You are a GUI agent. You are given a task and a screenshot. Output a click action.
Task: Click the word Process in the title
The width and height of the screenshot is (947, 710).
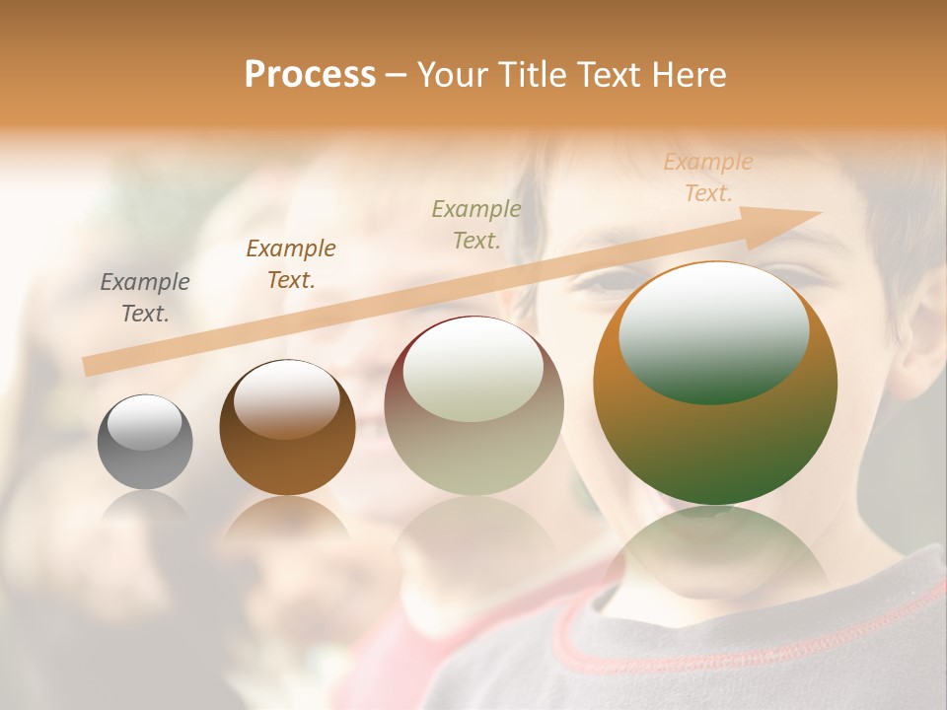coord(310,75)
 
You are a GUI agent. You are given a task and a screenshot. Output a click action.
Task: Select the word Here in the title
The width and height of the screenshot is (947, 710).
coord(688,75)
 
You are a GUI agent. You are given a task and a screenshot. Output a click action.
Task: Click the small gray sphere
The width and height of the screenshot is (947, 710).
coord(145,443)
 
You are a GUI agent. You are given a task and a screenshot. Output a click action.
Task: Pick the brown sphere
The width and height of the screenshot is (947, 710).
coord(287,428)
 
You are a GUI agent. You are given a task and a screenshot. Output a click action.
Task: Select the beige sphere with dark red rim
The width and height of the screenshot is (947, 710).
coord(473,405)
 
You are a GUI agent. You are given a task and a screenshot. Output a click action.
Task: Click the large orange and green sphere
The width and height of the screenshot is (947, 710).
coord(715,384)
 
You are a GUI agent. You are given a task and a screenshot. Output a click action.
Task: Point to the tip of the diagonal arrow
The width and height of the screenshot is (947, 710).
coord(819,212)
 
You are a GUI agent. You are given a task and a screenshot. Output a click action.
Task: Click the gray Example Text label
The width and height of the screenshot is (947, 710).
coord(145,298)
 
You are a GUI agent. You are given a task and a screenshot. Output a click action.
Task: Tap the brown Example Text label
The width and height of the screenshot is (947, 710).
coord(291,264)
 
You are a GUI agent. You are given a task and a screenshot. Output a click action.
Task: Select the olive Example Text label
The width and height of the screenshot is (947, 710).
coord(476,224)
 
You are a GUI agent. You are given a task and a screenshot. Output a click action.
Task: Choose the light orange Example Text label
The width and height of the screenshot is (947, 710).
coord(708,177)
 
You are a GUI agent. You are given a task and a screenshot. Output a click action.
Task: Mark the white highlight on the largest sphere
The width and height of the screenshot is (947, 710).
coord(714,330)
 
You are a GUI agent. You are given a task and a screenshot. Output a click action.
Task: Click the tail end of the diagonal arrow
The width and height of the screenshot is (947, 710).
coord(87,367)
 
